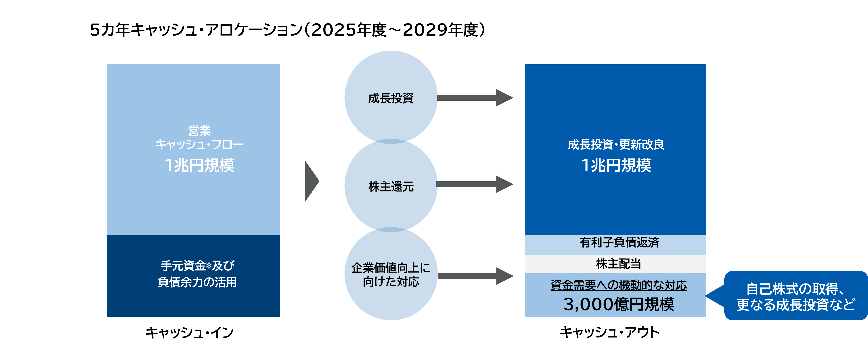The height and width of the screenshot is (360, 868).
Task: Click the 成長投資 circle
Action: click(x=391, y=98)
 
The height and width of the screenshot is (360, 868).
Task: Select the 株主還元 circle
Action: click(x=391, y=186)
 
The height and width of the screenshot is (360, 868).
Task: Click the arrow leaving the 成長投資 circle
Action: click(x=475, y=98)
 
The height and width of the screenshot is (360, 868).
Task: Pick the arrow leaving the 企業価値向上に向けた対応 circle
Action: click(x=475, y=276)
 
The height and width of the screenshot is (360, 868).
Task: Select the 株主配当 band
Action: click(x=618, y=264)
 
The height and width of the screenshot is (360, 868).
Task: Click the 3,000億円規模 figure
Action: click(x=619, y=304)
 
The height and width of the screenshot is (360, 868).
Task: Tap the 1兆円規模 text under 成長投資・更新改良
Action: click(x=616, y=165)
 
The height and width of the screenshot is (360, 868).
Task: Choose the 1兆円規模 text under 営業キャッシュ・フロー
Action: click(x=199, y=165)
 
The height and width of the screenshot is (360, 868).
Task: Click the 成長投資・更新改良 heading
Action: click(x=616, y=145)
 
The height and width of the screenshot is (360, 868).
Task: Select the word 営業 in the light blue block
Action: click(x=199, y=130)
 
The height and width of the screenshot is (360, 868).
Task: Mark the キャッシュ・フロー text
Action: click(x=199, y=145)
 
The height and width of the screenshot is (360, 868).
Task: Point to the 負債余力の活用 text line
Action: click(x=197, y=282)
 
